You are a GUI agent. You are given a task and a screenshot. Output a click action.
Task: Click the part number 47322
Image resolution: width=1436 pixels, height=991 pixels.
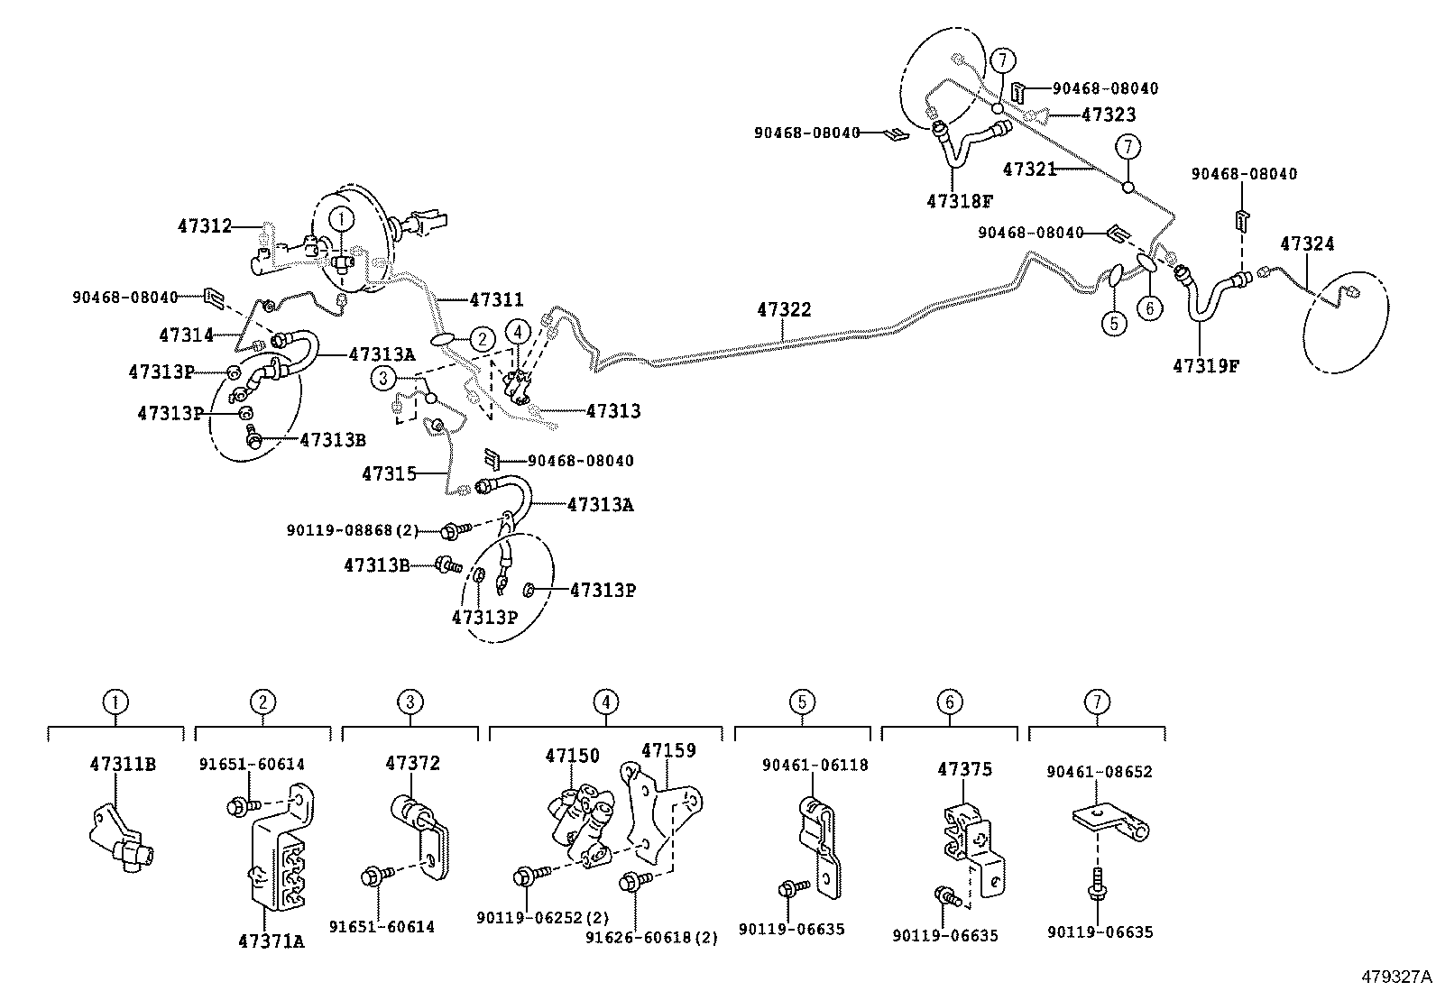tap(783, 310)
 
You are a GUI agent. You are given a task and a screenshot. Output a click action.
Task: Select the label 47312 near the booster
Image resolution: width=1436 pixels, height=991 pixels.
tap(204, 226)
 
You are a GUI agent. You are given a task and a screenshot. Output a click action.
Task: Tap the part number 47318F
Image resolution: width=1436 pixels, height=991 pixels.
tap(959, 201)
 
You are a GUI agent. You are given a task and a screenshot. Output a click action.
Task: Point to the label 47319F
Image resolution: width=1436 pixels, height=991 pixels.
tap(1206, 366)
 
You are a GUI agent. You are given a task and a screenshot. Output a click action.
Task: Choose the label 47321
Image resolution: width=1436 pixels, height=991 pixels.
tap(1029, 169)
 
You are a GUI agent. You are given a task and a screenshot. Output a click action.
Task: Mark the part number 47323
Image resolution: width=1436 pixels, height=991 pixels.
tap(1109, 115)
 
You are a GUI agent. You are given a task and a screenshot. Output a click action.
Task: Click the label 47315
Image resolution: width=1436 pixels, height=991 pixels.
tap(389, 473)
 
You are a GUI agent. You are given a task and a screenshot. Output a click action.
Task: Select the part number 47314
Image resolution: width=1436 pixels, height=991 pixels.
tap(186, 335)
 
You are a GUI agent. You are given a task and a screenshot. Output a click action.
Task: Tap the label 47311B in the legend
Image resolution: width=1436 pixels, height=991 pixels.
tap(123, 764)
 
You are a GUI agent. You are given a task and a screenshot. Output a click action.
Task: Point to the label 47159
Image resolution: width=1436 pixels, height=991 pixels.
tap(668, 750)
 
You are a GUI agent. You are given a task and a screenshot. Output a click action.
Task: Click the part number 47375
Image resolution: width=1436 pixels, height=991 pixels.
tap(964, 769)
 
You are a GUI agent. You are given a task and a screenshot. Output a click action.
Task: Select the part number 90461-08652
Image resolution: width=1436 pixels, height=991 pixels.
tap(1099, 772)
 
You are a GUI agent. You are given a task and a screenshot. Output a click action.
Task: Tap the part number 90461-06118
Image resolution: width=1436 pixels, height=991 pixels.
tap(815, 765)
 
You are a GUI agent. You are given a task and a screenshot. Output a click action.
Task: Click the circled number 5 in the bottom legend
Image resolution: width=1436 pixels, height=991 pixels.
tap(802, 702)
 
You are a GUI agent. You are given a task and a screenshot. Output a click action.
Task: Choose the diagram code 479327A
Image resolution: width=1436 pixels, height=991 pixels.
tap(1396, 977)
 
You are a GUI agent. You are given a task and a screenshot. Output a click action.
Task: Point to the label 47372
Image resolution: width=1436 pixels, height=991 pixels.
tap(412, 763)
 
